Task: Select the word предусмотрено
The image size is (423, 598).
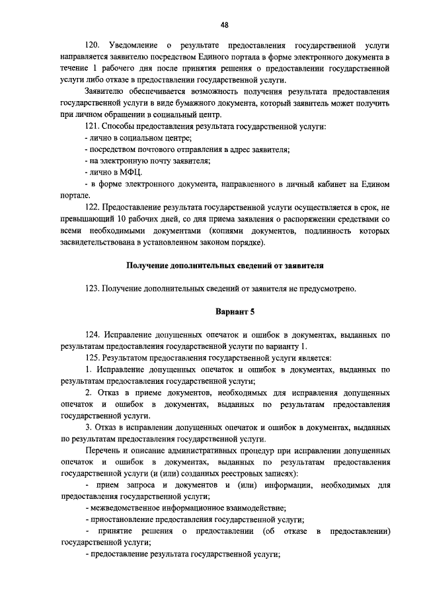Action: (328, 289)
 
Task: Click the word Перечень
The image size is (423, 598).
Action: (104, 451)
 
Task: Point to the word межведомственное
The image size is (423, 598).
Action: (128, 508)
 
